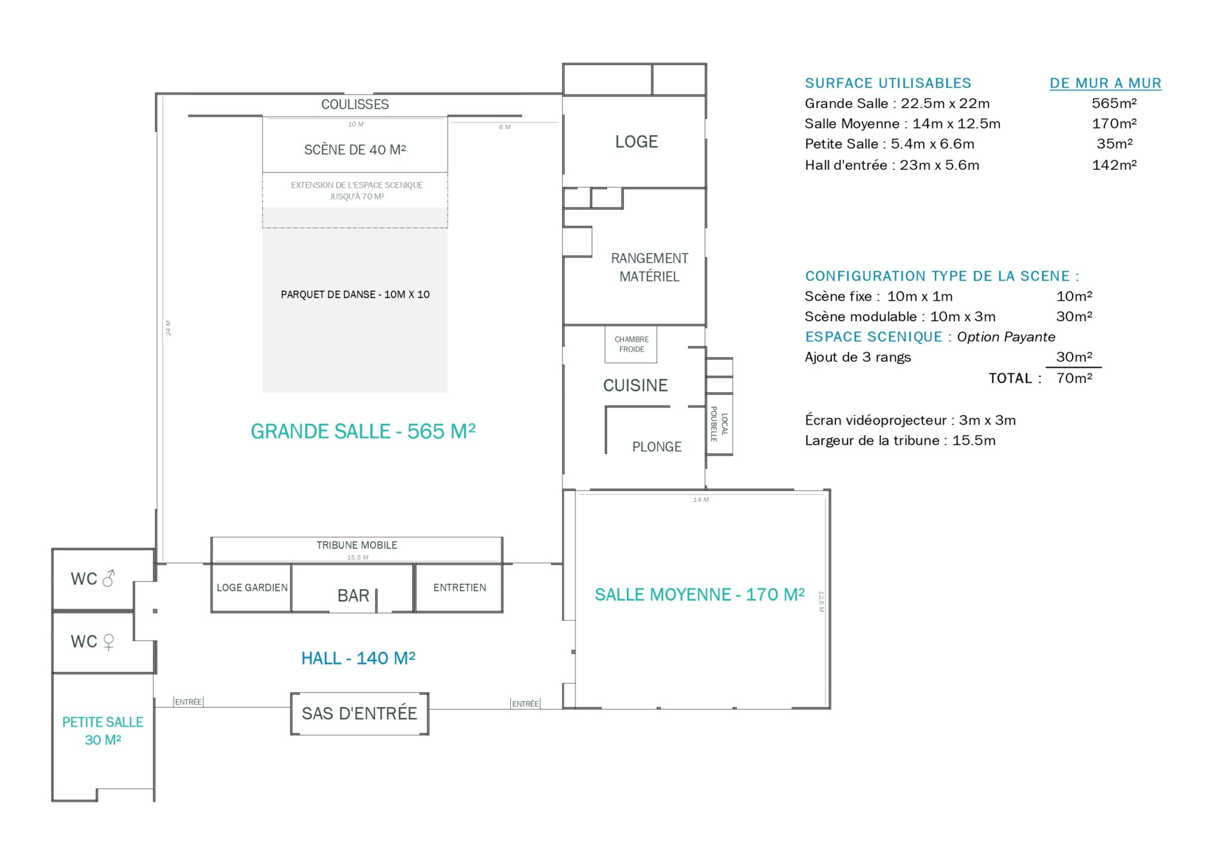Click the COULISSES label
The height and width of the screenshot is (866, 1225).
[355, 105]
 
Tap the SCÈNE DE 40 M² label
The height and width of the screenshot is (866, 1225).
[355, 150]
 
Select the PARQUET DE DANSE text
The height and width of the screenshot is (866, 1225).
[328, 294]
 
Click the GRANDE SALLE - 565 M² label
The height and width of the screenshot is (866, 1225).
[363, 431]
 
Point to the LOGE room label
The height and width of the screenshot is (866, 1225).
[636, 142]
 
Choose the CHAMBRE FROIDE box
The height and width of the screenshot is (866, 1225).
[631, 344]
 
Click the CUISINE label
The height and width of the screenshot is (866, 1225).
[635, 386]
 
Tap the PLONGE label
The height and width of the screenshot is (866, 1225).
[657, 447]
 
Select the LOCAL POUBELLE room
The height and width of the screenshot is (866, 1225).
[719, 424]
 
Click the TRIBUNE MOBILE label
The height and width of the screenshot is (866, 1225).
[356, 545]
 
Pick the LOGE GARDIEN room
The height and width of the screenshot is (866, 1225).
[252, 588]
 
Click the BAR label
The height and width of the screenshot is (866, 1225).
[353, 596]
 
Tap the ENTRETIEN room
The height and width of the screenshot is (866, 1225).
[459, 588]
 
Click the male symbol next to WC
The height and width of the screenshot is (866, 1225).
[108, 578]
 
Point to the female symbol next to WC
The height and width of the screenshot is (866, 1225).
[108, 642]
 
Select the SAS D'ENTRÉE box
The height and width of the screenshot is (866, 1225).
[359, 713]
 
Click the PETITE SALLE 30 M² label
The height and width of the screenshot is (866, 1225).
[103, 731]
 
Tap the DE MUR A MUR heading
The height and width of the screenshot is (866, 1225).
[1105, 83]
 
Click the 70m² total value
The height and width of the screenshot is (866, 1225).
[1074, 378]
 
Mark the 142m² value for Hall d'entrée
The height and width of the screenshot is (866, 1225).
[1114, 165]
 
